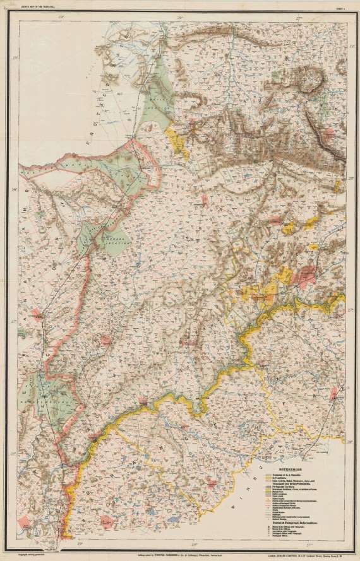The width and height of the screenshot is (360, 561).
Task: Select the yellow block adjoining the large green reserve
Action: pyautogui.click(x=178, y=141)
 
